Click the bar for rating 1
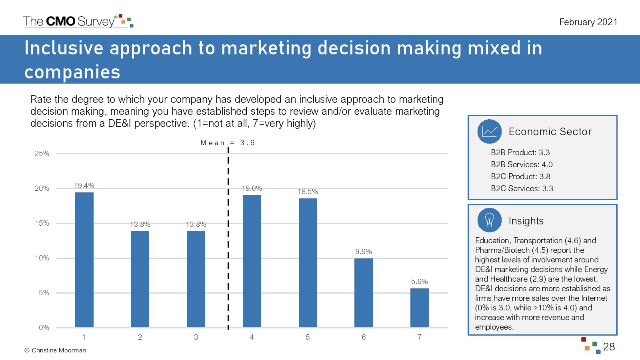click(x=84, y=260)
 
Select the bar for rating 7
click(x=420, y=308)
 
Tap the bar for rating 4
click(x=252, y=261)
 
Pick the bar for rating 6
click(x=364, y=293)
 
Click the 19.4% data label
click(x=84, y=186)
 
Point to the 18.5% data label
click(x=308, y=192)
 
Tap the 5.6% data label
click(x=420, y=282)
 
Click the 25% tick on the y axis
click(x=42, y=154)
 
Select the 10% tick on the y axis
click(x=42, y=258)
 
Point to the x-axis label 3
click(x=196, y=337)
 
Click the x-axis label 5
click(x=308, y=337)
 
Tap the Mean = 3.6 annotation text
click(x=228, y=142)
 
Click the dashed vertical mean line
click(x=228, y=238)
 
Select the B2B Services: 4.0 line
click(x=522, y=164)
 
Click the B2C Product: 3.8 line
click(x=520, y=176)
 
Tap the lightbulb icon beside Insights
click(x=490, y=220)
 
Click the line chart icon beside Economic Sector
click(x=490, y=132)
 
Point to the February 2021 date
click(x=588, y=22)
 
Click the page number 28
click(x=609, y=347)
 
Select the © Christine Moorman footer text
click(x=55, y=350)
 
